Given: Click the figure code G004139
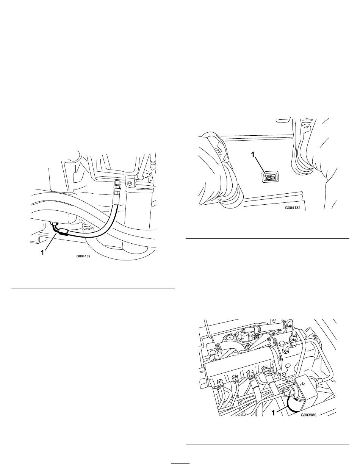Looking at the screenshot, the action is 83,257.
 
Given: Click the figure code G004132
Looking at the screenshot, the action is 293,208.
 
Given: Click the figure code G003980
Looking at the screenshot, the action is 308,415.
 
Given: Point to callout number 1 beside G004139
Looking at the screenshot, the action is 43,252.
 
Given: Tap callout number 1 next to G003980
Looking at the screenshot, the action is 273,413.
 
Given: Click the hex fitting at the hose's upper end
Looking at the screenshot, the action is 117,184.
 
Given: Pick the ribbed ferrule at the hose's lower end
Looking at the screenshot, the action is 64,232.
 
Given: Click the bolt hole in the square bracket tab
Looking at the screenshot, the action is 129,183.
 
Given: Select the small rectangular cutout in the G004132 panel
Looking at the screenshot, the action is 269,177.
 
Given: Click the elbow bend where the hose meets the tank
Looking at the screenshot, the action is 55,227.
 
